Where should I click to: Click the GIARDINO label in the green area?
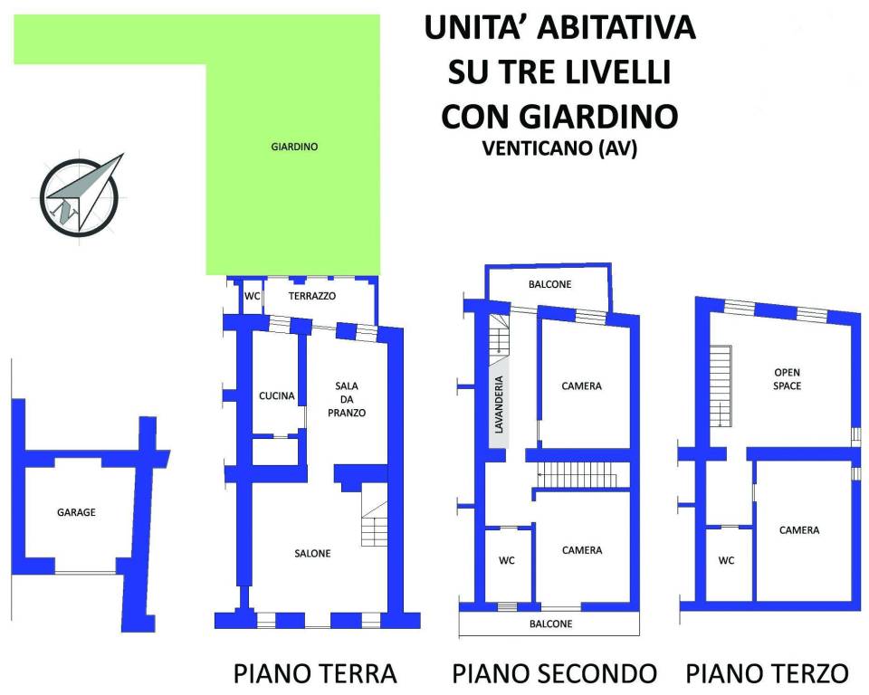click(294, 147)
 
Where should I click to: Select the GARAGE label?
click(76, 513)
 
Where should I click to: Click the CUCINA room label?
click(277, 395)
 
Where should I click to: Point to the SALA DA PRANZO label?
click(347, 399)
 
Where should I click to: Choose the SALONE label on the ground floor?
click(312, 553)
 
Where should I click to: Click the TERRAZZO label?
click(312, 296)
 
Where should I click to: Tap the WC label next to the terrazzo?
click(253, 296)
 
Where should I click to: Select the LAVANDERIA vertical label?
click(499, 405)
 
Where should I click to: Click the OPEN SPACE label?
click(787, 379)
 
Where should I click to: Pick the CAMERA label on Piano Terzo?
click(799, 530)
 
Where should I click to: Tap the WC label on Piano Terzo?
click(726, 560)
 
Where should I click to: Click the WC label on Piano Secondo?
click(507, 560)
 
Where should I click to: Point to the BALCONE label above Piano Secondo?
click(549, 284)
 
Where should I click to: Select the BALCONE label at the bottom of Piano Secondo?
click(551, 624)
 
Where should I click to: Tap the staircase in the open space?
click(721, 386)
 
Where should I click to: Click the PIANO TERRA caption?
click(315, 673)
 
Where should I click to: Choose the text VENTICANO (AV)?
click(559, 148)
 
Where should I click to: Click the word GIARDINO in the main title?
click(598, 116)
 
